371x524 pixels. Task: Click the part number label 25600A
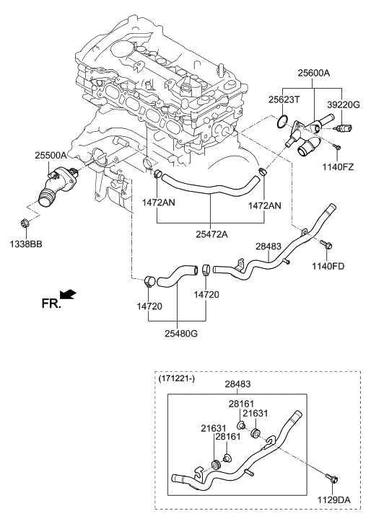pyautogui.click(x=313, y=73)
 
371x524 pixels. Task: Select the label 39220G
pyautogui.click(x=343, y=105)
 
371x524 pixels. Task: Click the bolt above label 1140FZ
pyautogui.click(x=336, y=147)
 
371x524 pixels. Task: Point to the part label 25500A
pyautogui.click(x=51, y=155)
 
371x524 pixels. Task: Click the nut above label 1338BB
pyautogui.click(x=25, y=222)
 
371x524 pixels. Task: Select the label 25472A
pyautogui.click(x=211, y=234)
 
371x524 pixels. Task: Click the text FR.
pyautogui.click(x=51, y=303)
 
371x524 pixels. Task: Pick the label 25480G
pyautogui.click(x=181, y=333)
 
